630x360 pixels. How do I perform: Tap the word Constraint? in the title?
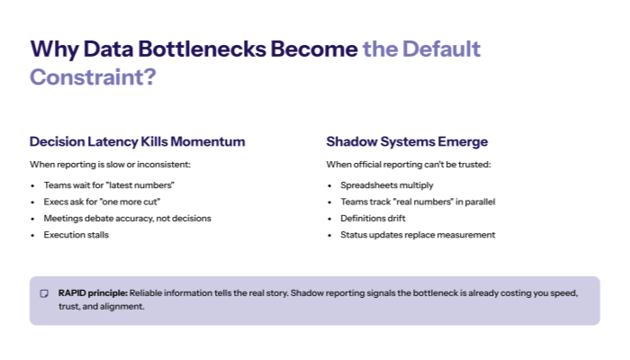[x=93, y=77]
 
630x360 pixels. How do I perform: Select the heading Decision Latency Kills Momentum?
[x=137, y=142]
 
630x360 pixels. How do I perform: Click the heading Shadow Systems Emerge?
[x=407, y=142]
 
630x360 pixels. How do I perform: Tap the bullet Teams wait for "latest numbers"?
[x=108, y=184]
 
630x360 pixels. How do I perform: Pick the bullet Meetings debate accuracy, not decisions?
[x=127, y=218]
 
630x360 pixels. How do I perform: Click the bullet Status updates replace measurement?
[x=418, y=235]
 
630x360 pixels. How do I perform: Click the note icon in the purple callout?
[x=44, y=294]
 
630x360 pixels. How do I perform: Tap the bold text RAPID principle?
[x=93, y=293]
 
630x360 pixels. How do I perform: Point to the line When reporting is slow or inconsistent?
[x=110, y=165]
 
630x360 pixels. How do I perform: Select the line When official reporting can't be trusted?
[x=409, y=165]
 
